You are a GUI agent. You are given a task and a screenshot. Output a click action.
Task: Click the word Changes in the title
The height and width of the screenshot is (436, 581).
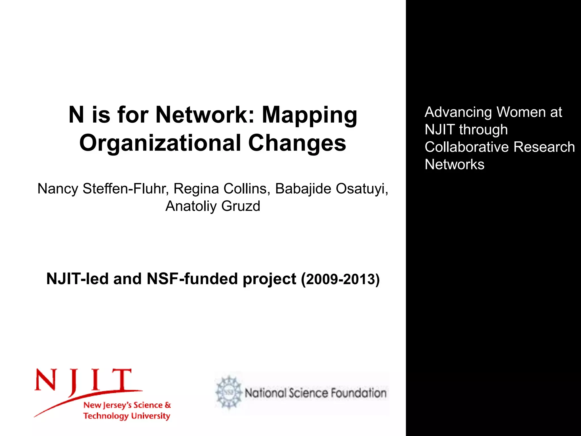(x=297, y=143)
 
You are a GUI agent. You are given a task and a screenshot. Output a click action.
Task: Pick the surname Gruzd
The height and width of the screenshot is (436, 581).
(x=241, y=206)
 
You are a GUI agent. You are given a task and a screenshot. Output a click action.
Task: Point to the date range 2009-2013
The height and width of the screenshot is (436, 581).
(x=341, y=279)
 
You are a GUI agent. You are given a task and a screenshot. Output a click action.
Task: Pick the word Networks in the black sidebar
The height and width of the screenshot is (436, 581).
(x=454, y=164)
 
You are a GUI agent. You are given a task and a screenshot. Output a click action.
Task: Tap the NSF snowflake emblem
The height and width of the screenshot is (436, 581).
(x=229, y=393)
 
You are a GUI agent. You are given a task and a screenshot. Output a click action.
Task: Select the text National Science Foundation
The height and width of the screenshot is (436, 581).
(x=315, y=393)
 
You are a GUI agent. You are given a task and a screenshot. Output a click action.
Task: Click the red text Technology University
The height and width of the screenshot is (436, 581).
(x=127, y=416)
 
